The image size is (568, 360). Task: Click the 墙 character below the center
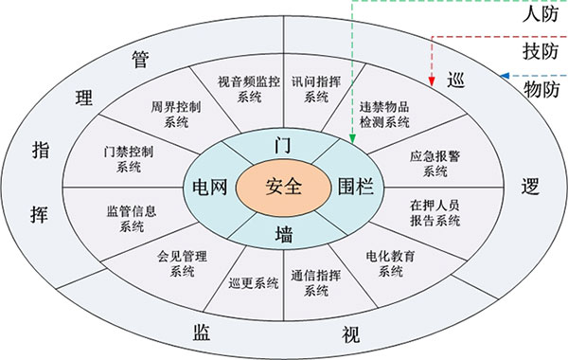point(283,230)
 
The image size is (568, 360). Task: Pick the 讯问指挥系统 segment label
point(316,88)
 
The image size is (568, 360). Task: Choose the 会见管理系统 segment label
point(176,262)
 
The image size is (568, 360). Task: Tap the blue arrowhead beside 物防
point(506,76)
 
